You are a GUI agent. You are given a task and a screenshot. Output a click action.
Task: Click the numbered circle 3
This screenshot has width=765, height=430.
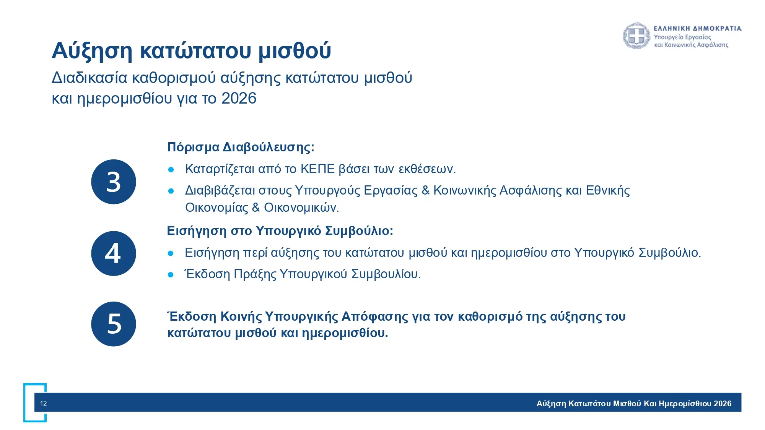[114, 182]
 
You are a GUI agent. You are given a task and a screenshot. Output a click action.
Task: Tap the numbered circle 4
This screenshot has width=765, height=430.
[114, 253]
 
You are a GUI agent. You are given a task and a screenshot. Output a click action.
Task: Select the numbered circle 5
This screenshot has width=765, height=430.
[114, 324]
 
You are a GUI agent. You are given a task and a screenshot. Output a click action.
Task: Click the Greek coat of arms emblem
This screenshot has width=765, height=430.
[636, 36]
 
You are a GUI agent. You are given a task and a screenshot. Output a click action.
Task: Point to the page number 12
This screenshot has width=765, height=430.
[44, 403]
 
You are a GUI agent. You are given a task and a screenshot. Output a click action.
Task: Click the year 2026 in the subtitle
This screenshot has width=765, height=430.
[239, 98]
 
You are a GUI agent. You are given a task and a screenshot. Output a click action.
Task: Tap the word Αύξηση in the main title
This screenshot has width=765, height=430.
[92, 50]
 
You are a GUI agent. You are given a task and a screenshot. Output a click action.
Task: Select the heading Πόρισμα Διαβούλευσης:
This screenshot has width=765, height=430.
[241, 147]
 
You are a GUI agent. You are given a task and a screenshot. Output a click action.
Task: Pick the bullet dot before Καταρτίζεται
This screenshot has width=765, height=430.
[171, 169]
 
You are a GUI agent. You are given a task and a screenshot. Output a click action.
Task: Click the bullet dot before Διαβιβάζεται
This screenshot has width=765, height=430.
[171, 191]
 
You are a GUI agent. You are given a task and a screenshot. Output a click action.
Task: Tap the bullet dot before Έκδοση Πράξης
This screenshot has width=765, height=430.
[171, 274]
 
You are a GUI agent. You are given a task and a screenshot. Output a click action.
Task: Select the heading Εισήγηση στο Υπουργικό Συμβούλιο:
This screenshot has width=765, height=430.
[280, 231]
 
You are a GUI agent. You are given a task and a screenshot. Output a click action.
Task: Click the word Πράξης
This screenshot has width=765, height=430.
[255, 274]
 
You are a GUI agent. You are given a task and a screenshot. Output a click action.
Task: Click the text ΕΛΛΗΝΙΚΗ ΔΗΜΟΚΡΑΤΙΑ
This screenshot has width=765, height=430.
[698, 28]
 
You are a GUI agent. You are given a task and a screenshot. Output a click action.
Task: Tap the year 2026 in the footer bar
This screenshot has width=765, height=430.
[723, 404]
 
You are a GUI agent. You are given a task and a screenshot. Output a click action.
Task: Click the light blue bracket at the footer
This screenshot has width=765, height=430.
[25, 403]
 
